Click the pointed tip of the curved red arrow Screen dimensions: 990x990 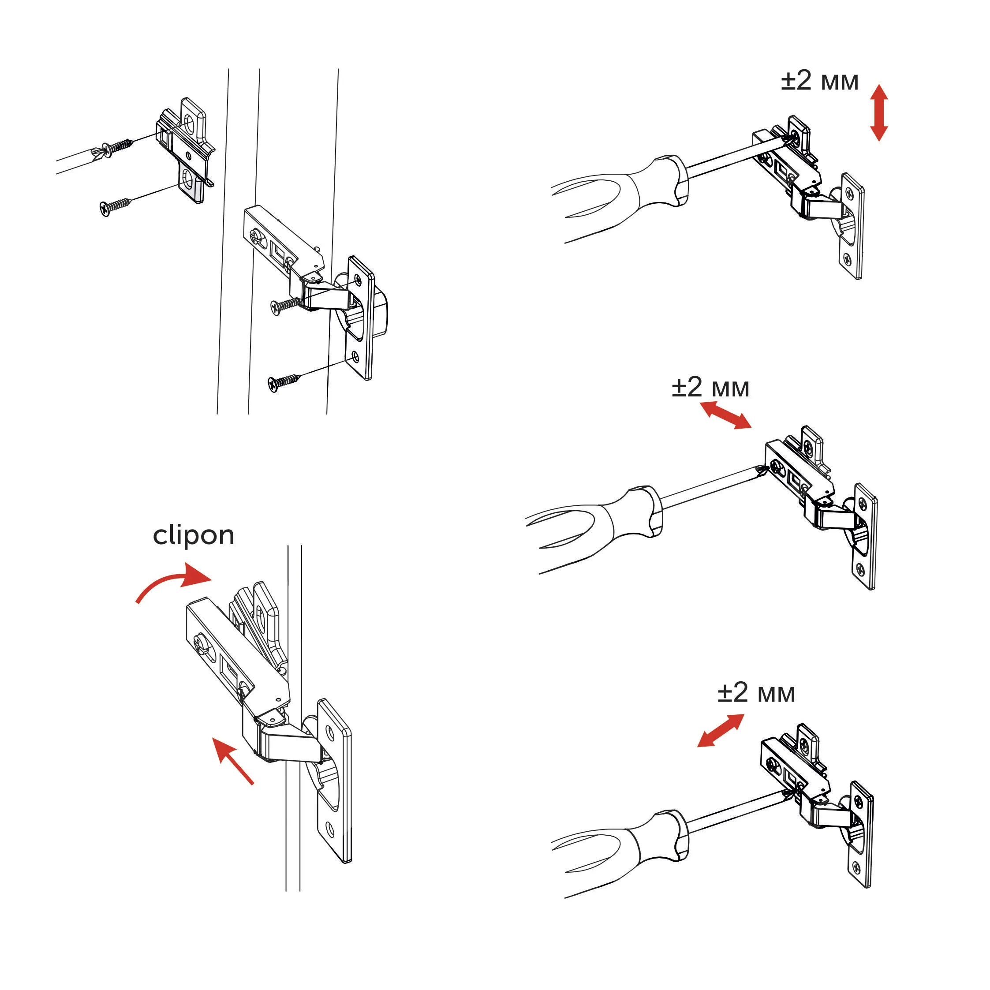coord(212,580)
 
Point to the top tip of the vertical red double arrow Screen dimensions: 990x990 coord(880,85)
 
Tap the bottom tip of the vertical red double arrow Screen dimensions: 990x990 coord(880,142)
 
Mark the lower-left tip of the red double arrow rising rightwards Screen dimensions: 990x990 coord(697,747)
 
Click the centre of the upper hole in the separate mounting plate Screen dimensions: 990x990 coord(190,123)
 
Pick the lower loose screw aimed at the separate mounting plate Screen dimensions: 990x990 coord(115,205)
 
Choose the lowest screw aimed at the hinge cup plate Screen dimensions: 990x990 coord(284,382)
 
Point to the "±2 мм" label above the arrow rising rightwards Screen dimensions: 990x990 coord(756,693)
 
